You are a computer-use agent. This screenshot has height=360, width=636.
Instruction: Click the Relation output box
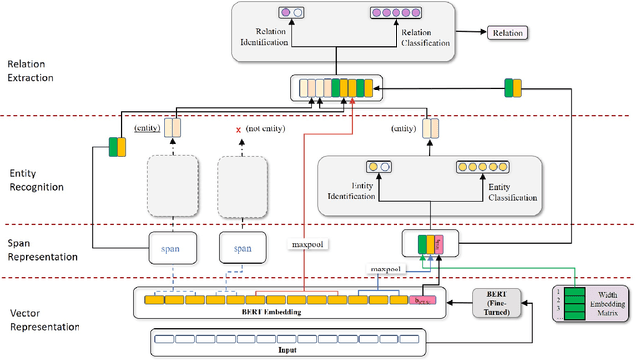point(506,32)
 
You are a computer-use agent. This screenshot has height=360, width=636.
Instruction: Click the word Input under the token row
point(289,350)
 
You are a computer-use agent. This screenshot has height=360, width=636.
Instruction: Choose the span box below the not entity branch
point(242,247)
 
